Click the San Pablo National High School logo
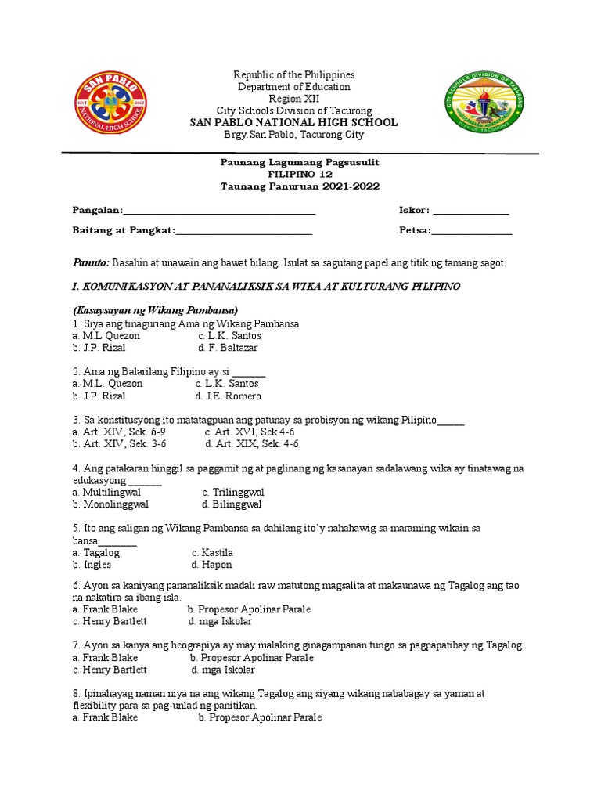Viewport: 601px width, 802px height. (115, 104)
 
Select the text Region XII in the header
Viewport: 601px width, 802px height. (295, 99)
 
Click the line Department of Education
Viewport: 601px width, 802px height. (295, 87)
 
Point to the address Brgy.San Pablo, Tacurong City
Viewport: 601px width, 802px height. (294, 135)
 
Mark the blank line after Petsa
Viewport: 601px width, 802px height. (472, 232)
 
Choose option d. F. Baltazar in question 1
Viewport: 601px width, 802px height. (228, 348)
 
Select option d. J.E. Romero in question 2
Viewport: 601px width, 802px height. (229, 396)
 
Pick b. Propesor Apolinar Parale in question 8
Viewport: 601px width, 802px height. (260, 717)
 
